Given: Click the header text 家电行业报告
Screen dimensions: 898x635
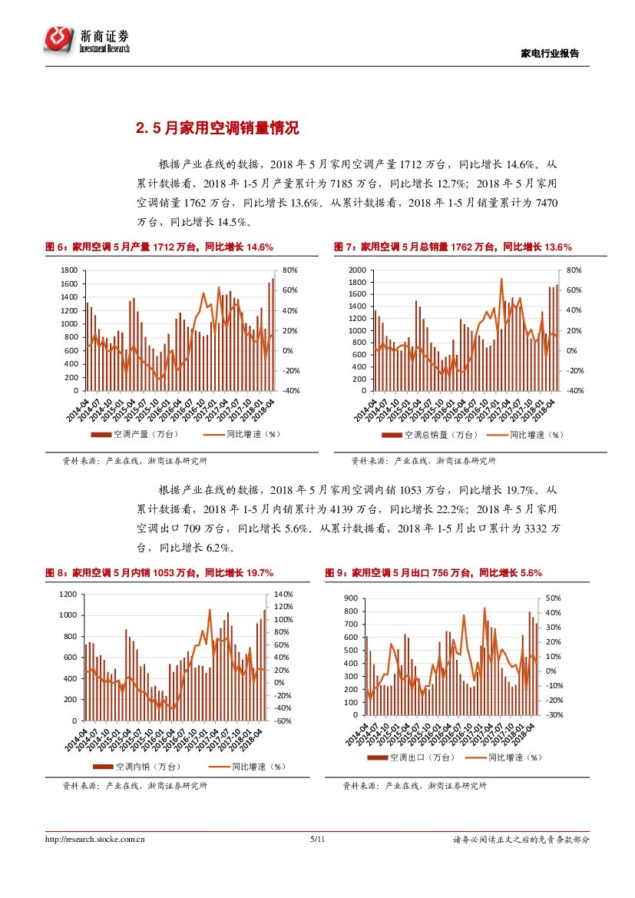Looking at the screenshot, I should coord(550,53).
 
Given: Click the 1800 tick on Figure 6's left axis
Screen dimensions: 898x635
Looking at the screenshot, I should coord(69,270).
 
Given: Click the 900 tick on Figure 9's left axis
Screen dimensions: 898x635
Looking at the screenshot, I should coord(352,598).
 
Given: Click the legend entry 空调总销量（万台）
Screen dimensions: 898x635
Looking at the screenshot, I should coord(432,435).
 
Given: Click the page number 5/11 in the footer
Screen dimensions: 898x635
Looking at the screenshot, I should coord(318,840).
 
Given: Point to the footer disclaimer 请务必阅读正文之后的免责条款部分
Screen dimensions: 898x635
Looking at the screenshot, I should coord(521,840).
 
